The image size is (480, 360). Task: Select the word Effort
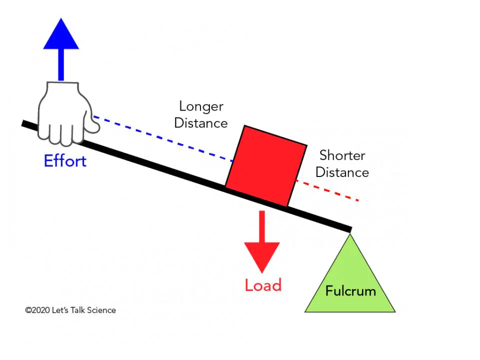[x=65, y=161]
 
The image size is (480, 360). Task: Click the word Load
[x=263, y=285]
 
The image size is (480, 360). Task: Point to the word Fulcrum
[x=350, y=291]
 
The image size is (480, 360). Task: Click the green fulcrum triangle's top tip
[x=350, y=234]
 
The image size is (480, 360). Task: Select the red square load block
[x=266, y=166]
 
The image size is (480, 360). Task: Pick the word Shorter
[x=342, y=155]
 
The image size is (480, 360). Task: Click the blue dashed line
[x=163, y=138]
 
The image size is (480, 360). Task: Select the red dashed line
[x=326, y=190]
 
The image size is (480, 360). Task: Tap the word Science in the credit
[x=101, y=310]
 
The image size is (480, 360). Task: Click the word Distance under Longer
[x=201, y=123]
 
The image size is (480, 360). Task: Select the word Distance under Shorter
[x=342, y=172]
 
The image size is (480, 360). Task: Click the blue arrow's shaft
[x=61, y=64]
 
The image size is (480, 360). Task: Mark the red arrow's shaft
[x=261, y=226]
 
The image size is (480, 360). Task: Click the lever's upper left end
[x=24, y=123]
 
